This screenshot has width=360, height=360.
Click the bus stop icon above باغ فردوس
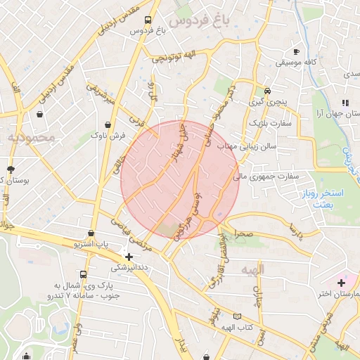click(x=147, y=20)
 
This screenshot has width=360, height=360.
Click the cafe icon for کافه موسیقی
click(x=296, y=52)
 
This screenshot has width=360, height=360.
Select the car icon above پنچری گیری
click(x=267, y=91)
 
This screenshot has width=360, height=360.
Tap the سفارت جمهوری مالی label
click(x=267, y=176)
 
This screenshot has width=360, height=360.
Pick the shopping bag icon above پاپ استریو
click(x=91, y=233)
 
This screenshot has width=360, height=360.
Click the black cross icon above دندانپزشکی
click(x=128, y=256)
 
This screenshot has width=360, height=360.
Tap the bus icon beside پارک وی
click(x=84, y=275)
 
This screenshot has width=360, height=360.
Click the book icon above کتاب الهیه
click(x=237, y=317)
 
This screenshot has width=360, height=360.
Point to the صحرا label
click(x=243, y=232)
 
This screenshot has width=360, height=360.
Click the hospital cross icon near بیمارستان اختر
click(x=340, y=282)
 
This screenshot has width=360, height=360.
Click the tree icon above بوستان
click(x=11, y=169)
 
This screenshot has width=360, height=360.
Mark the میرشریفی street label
click(x=99, y=95)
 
